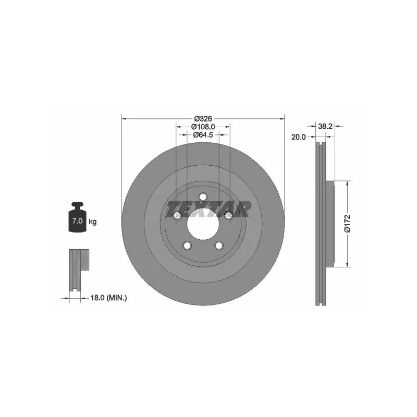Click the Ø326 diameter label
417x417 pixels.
click(203, 118)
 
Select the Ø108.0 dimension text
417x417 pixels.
click(203, 127)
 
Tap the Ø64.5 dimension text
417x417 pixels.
click(203, 135)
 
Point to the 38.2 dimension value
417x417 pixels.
click(325, 126)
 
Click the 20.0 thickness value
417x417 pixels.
click(299, 137)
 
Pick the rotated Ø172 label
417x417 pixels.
click(348, 224)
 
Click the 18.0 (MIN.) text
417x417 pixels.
click(109, 298)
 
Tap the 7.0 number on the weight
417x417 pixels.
click(77, 220)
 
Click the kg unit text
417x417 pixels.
click(93, 221)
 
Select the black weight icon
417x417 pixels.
click(77, 217)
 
